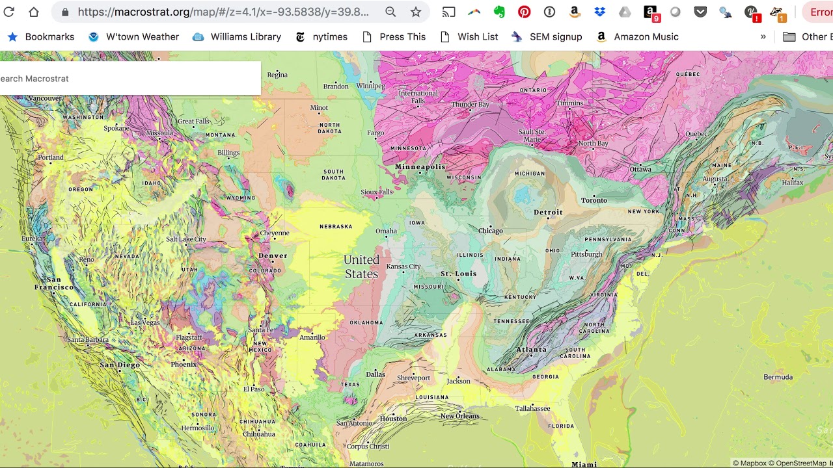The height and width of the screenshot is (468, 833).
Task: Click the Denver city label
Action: [273, 255]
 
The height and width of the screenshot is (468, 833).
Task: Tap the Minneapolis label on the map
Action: [420, 167]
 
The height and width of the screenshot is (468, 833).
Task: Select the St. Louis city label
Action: [459, 274]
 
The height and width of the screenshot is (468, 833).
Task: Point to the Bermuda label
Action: [778, 377]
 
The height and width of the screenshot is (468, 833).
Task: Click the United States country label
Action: [361, 266]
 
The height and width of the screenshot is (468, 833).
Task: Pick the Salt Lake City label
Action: [186, 239]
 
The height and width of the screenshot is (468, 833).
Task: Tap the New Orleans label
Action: [459, 416]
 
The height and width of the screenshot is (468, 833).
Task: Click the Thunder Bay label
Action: [470, 105]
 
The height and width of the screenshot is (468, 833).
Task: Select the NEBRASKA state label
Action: [336, 227]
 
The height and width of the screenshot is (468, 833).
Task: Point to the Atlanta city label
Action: [531, 350]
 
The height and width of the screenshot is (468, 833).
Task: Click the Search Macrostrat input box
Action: [130, 79]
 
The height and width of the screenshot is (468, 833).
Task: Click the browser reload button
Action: [9, 12]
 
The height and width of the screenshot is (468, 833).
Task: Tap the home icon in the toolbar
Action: [34, 12]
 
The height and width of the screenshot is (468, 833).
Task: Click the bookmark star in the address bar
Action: [416, 12]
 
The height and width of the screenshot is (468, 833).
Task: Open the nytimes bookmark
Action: [322, 37]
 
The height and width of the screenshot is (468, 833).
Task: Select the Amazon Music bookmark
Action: [638, 37]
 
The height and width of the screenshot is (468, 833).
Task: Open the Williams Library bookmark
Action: [238, 37]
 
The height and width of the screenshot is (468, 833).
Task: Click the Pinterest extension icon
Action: [524, 12]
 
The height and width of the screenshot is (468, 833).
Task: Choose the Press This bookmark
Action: [394, 37]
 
